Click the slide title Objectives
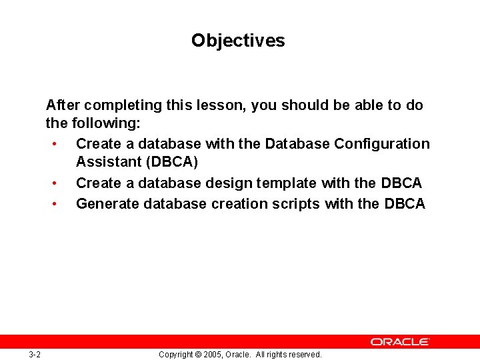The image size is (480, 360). click(238, 41)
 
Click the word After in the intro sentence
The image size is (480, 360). click(63, 105)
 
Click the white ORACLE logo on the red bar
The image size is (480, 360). click(400, 341)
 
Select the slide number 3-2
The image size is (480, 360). click(35, 355)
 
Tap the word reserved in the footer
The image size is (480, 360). click(304, 355)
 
